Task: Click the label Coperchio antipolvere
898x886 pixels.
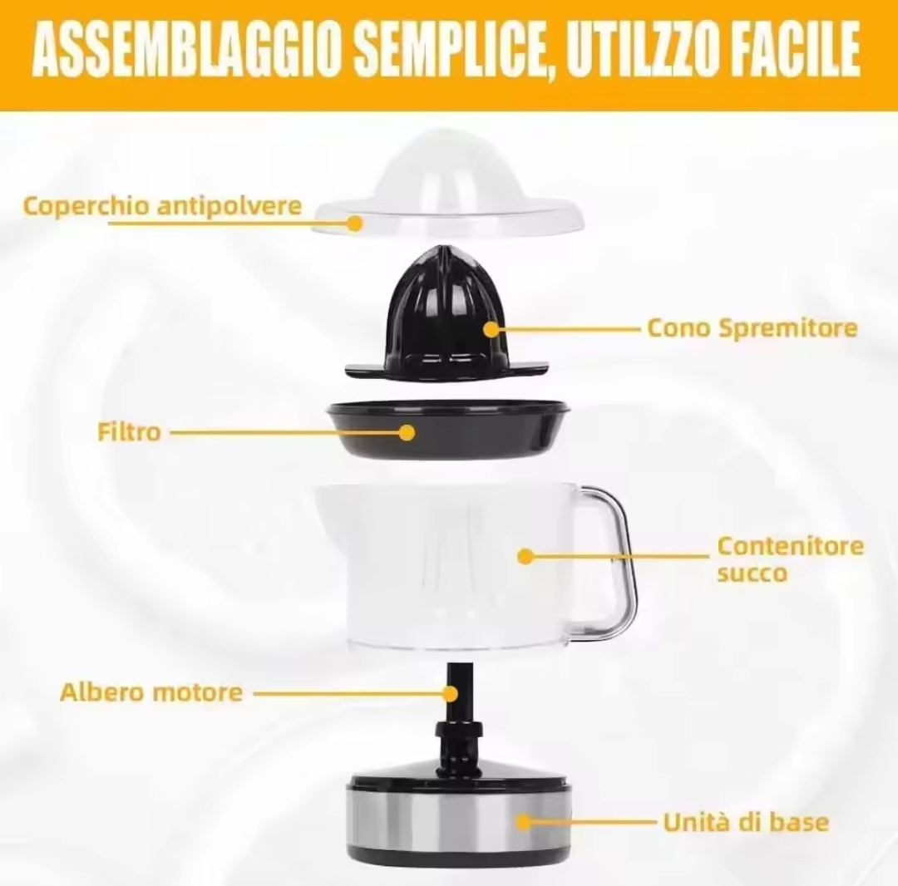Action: [162, 205]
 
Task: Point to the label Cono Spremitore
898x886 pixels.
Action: [752, 328]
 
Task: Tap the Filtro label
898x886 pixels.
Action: [129, 432]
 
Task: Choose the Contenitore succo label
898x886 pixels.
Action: [791, 559]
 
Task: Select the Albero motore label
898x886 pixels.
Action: [151, 692]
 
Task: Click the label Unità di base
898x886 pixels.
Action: [746, 823]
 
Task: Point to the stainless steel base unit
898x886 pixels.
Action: [458, 820]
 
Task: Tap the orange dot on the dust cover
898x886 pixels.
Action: [356, 223]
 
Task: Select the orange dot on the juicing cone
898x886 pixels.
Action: [491, 329]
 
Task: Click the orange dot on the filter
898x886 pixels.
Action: [407, 432]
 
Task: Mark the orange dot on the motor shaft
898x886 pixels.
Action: [451, 694]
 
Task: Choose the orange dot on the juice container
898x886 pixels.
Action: [525, 556]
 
